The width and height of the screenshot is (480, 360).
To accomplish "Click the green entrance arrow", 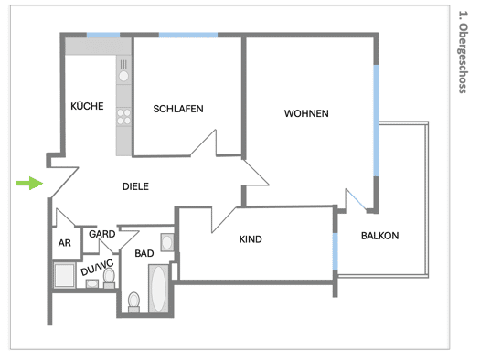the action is click(x=29, y=184).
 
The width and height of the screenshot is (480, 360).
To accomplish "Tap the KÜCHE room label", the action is click(x=87, y=106).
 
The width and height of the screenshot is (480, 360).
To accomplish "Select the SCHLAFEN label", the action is click(x=178, y=109).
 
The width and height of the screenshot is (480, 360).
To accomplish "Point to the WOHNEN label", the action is click(x=306, y=113).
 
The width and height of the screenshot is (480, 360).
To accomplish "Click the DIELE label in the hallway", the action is click(x=135, y=186).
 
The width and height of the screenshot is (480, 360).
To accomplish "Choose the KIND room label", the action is click(x=251, y=239).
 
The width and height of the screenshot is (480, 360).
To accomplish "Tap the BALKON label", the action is click(x=380, y=236).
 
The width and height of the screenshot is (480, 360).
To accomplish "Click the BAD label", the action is click(x=144, y=253).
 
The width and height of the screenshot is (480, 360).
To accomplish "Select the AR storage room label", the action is click(x=65, y=243).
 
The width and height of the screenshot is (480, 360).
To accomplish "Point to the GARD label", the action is click(x=101, y=234).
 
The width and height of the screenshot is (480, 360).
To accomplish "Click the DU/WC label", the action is click(x=97, y=268).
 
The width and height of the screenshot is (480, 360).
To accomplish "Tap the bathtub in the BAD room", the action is click(x=158, y=289).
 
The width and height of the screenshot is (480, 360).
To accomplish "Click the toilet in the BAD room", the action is click(x=133, y=302).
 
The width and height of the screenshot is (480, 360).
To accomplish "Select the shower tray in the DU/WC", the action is click(x=64, y=275).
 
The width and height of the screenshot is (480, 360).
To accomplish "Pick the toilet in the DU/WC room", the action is click(x=109, y=278).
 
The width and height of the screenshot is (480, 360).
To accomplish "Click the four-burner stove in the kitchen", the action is click(x=123, y=117).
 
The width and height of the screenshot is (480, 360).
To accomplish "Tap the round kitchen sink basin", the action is click(x=123, y=76).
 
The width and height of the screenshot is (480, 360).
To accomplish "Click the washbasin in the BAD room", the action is click(x=167, y=242).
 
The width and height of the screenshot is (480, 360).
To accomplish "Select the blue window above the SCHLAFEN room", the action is click(x=188, y=35).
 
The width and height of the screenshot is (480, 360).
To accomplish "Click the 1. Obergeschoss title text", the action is click(x=463, y=52).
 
